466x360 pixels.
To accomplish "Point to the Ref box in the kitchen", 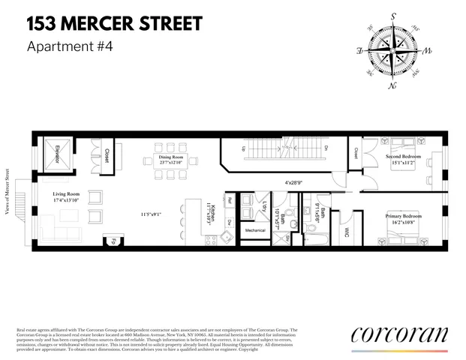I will pyautogui.click(x=230, y=201).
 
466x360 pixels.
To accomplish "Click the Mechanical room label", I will pyautogui.click(x=255, y=230).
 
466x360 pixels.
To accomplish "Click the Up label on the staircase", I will pyautogui.click(x=242, y=148).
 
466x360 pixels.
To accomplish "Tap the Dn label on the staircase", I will pyautogui.click(x=326, y=148).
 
